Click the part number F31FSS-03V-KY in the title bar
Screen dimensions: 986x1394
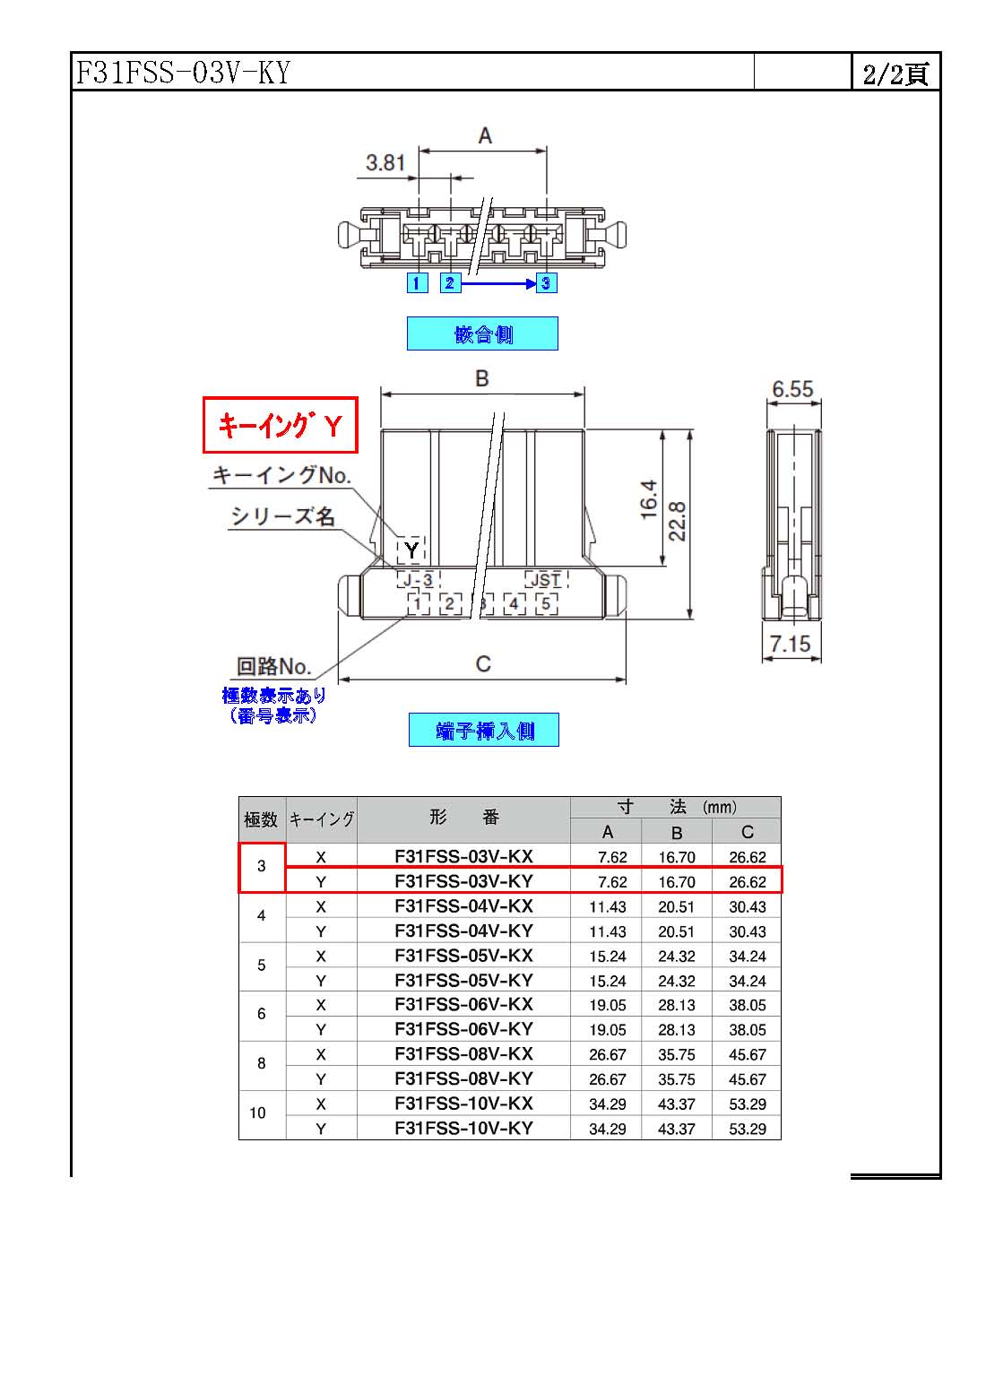click(x=183, y=73)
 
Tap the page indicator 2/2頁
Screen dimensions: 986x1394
click(x=895, y=74)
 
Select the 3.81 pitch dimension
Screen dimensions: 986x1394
click(x=385, y=163)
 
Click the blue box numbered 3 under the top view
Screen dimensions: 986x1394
click(x=546, y=283)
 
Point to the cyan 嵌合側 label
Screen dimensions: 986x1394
click(x=483, y=333)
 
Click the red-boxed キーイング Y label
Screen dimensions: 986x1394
click(x=281, y=425)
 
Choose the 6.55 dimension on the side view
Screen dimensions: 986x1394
click(x=792, y=389)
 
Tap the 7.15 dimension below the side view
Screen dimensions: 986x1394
click(x=790, y=644)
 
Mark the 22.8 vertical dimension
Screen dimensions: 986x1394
click(x=677, y=522)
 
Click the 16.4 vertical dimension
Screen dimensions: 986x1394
click(x=648, y=499)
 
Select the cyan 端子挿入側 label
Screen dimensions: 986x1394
click(x=484, y=730)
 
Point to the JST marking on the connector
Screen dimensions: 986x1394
click(x=546, y=580)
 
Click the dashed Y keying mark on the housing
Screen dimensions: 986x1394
click(x=411, y=550)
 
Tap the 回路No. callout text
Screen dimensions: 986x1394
click(x=273, y=666)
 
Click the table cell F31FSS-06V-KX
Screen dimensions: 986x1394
click(x=463, y=1004)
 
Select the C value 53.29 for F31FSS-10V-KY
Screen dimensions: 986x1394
click(x=748, y=1129)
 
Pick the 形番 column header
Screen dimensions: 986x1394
click(x=464, y=817)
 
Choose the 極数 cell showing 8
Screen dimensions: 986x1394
click(x=261, y=1063)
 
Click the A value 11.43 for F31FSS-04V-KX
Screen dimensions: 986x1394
click(x=607, y=906)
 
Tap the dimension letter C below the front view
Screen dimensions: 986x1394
click(x=483, y=664)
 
